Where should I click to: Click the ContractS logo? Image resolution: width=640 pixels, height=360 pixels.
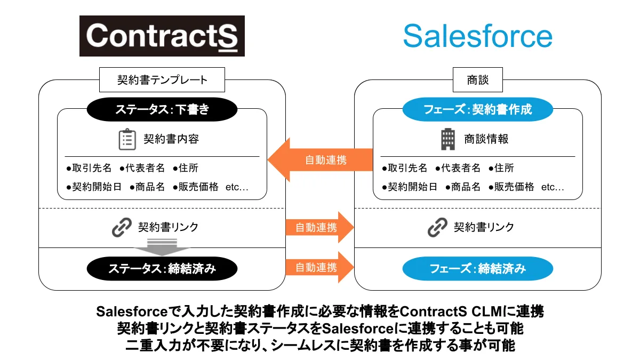(162, 36)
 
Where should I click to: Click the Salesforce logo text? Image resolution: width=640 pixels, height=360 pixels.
(477, 36)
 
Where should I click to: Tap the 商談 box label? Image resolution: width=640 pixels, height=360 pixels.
(477, 81)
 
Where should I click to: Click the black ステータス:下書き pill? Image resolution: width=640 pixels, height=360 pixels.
(162, 110)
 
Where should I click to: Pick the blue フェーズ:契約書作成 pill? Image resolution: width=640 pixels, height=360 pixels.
(477, 110)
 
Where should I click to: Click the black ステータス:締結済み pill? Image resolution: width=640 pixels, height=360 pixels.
(162, 268)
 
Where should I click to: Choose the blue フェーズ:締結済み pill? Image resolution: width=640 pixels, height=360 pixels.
(477, 268)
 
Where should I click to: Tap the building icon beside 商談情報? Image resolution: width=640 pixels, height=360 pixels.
(447, 139)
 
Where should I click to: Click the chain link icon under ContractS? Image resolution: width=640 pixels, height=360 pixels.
(122, 228)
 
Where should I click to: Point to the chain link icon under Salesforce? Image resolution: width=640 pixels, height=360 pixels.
(437, 228)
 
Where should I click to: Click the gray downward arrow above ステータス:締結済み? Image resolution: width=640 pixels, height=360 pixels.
(162, 247)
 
